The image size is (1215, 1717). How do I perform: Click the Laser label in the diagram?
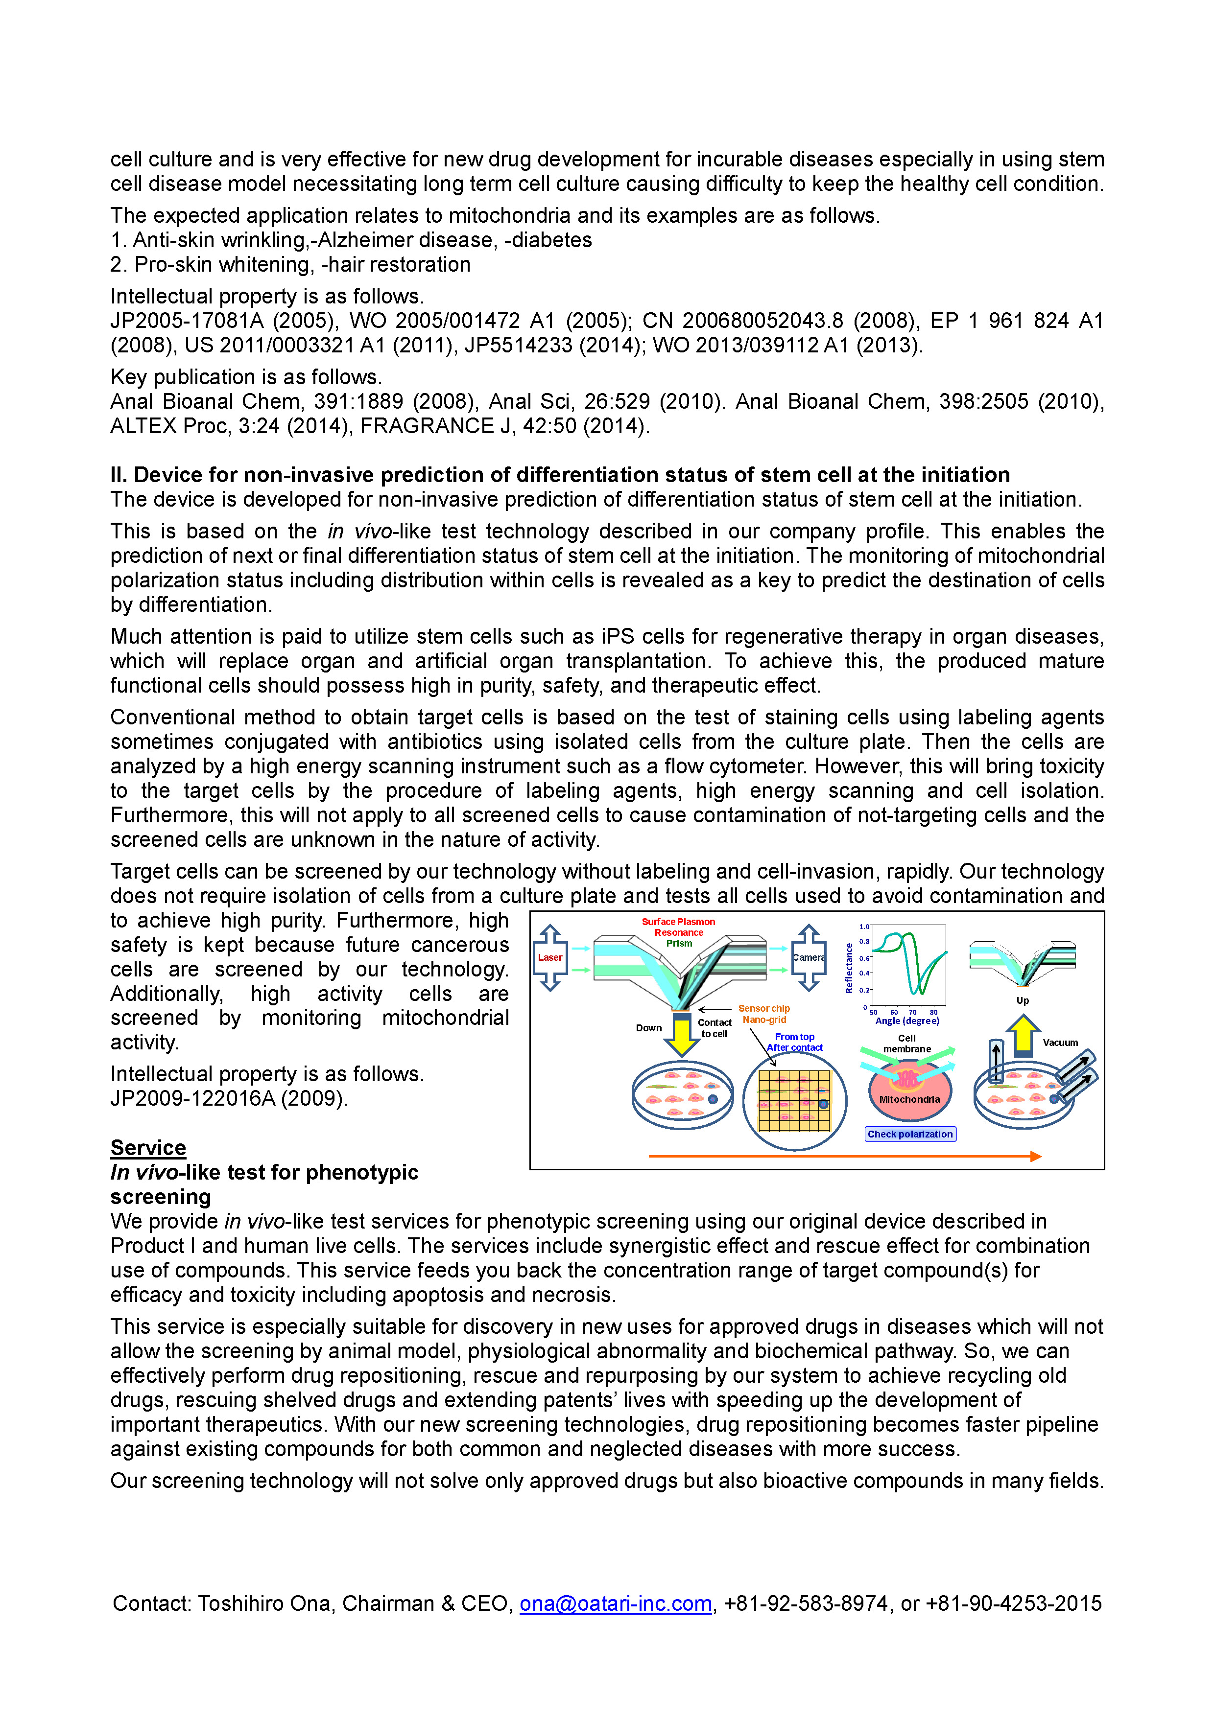(550, 957)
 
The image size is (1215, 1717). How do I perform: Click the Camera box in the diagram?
(808, 957)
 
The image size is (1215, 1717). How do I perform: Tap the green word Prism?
(679, 943)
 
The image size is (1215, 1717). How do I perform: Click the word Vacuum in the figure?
(1060, 1043)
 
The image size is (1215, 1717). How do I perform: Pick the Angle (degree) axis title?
(907, 1021)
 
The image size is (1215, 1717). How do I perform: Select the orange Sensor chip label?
(764, 1008)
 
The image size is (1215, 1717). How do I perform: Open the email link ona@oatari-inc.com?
(615, 1603)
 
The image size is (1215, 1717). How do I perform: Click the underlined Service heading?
(148, 1147)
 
